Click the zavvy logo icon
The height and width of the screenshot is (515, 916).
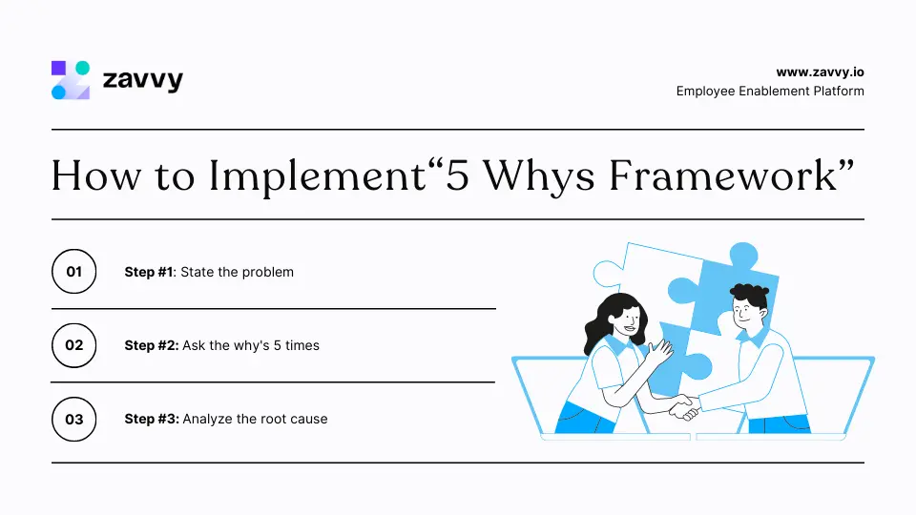coord(70,80)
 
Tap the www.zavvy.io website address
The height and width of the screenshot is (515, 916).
coord(820,72)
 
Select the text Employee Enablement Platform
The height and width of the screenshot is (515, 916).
coord(770,92)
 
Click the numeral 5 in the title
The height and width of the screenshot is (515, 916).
coord(461,176)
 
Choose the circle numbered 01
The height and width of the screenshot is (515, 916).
coord(73,272)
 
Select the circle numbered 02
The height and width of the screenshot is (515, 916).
coord(73,345)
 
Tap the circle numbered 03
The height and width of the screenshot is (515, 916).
coord(73,419)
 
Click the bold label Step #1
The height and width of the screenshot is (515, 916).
coord(149,272)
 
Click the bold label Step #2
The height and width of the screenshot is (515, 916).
coord(151,345)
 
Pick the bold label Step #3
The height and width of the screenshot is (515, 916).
coord(151,419)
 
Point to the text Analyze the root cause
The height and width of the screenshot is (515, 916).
coord(255,419)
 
